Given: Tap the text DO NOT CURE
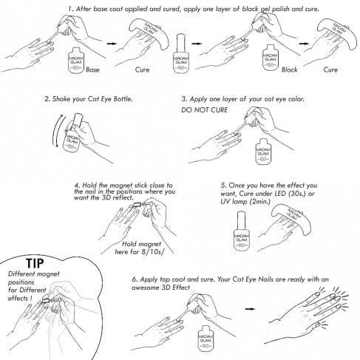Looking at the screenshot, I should pyautogui.click(x=205, y=109).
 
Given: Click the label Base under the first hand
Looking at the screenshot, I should pyautogui.click(x=92, y=69).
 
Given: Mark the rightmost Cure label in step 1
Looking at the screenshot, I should pyautogui.click(x=330, y=69).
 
